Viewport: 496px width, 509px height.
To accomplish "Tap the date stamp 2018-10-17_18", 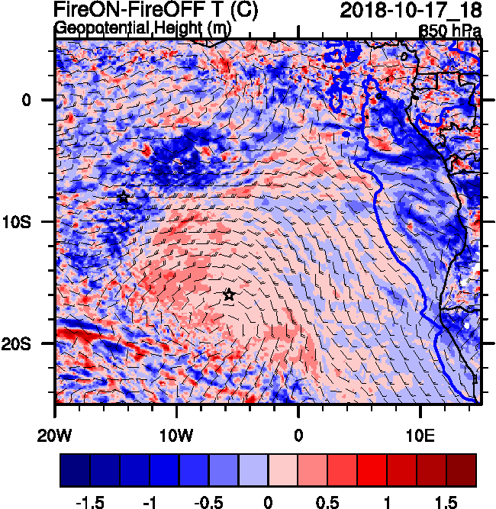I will pyautogui.click(x=410, y=11).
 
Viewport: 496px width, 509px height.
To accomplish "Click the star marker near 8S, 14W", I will pyautogui.click(x=123, y=198).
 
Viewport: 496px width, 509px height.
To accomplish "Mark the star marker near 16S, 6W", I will pyautogui.click(x=229, y=295).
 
